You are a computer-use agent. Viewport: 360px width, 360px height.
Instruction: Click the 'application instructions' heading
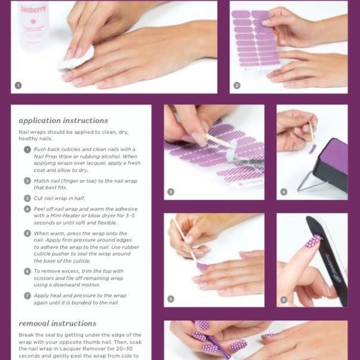(x=63, y=120)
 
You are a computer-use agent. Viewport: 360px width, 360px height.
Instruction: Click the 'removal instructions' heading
(x=58, y=323)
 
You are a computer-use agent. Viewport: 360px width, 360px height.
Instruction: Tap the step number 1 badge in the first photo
(x=18, y=85)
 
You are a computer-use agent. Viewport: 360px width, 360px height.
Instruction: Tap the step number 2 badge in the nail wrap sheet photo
(x=237, y=85)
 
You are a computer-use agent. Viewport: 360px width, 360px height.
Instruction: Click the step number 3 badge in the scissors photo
(x=171, y=191)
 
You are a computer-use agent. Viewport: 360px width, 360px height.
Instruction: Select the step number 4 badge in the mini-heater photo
(x=284, y=191)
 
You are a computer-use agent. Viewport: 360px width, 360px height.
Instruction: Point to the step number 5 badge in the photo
(x=171, y=299)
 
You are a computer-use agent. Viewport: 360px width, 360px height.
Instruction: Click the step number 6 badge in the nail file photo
(x=284, y=299)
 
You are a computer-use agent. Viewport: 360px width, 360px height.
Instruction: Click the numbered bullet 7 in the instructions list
(x=27, y=295)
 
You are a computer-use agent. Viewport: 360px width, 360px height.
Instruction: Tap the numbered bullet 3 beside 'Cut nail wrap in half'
(x=27, y=197)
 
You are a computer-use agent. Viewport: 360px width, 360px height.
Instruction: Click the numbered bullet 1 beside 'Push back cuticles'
(x=27, y=150)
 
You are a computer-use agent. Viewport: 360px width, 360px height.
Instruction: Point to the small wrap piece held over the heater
(x=312, y=148)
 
